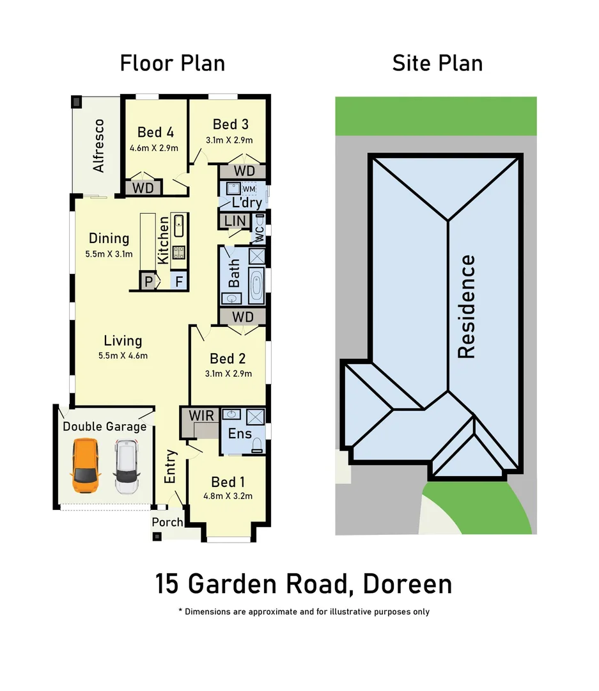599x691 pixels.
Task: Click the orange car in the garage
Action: coord(86,465)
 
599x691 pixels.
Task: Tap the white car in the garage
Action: coord(126,466)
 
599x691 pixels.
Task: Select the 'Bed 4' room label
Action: coord(155,132)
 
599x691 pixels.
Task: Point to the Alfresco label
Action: coord(98,145)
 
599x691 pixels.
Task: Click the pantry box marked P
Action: coord(148,281)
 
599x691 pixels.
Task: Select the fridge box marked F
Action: coord(179,281)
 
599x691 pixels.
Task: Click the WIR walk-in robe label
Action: coord(197,415)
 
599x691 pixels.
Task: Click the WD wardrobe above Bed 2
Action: coord(243,317)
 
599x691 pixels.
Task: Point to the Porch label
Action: coord(167,522)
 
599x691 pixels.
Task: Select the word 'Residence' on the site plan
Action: coord(467,306)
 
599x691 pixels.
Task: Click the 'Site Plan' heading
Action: coord(437,63)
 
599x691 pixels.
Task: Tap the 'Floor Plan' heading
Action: coord(172,63)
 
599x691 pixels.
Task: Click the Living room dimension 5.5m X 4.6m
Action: coord(123,356)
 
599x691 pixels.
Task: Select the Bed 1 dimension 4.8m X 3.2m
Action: coord(228,495)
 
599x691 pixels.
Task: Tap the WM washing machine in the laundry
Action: coord(248,189)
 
